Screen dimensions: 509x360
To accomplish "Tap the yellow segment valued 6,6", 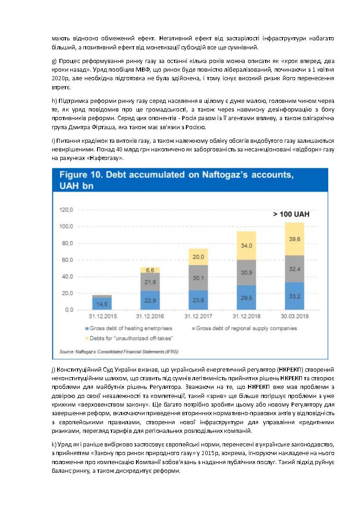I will tap(150, 270).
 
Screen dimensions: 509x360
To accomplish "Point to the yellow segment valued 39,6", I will tap(294, 239).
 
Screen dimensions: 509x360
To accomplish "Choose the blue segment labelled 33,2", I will tap(294, 296).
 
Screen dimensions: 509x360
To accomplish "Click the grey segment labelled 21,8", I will tap(150, 282).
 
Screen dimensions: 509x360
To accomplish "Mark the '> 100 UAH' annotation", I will tap(291, 214).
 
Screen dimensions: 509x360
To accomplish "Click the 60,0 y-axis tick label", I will tap(67, 260).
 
